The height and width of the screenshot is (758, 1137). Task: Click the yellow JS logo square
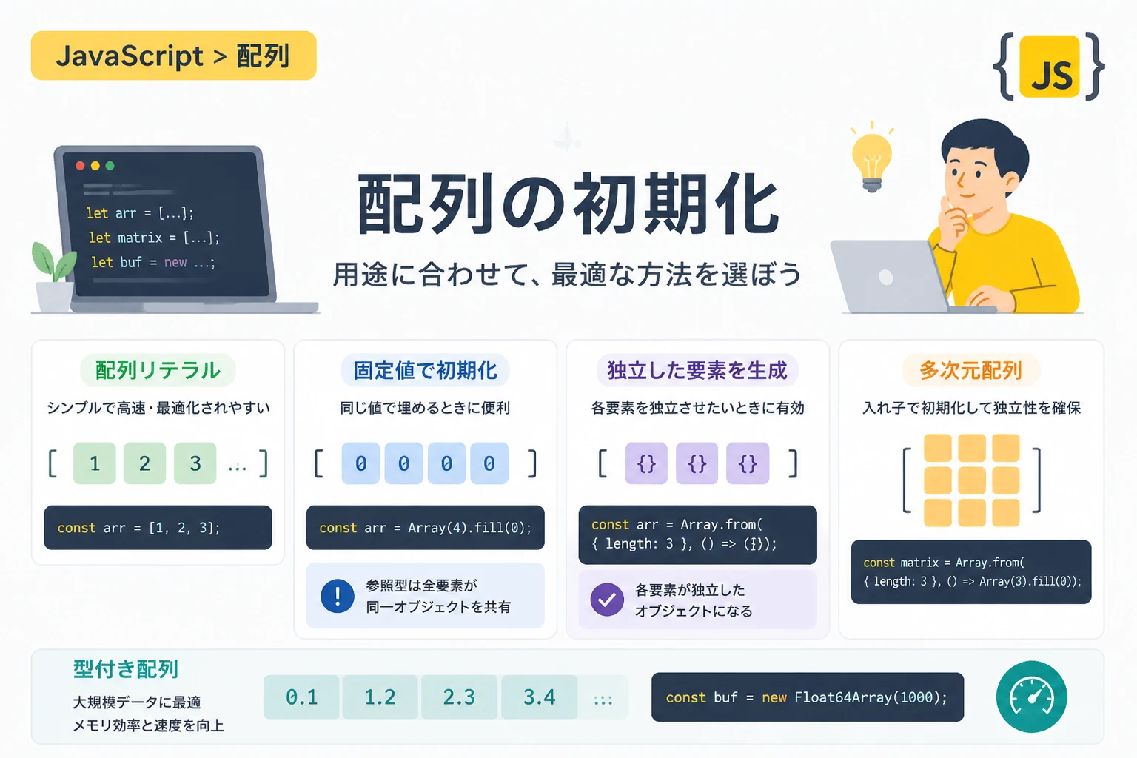pos(1049,66)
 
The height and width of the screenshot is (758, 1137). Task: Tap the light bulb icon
pos(871,158)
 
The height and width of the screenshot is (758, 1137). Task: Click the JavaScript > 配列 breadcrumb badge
pos(174,56)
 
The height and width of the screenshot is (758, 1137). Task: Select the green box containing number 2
pos(144,463)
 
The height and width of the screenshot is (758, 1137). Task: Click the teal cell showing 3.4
pos(539,697)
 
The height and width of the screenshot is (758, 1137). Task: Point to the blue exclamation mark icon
pos(338,596)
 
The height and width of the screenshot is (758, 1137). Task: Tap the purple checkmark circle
pos(607,600)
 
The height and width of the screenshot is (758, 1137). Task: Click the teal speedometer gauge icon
pos(1031,697)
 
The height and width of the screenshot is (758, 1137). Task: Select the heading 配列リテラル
pos(158,370)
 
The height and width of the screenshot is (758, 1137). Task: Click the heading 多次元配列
pos(971,370)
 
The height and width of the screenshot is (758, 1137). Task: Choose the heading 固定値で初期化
pos(426,370)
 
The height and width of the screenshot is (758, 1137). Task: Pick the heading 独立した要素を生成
pos(697,370)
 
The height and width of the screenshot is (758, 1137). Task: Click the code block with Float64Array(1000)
pos(808,697)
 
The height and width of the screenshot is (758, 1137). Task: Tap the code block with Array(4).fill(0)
pos(426,528)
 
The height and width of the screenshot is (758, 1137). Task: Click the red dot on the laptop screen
pos(80,166)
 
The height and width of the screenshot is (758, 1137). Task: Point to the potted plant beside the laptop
pos(53,277)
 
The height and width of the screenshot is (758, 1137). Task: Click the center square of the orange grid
pos(971,480)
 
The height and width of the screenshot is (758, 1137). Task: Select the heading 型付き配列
pos(125,669)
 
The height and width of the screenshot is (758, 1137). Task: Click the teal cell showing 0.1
pos(301,697)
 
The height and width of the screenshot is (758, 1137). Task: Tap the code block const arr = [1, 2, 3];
pos(158,528)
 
